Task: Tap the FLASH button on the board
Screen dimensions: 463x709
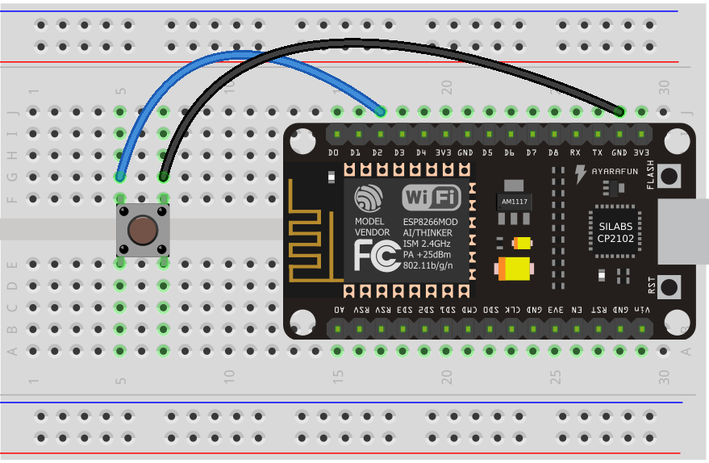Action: tap(669, 174)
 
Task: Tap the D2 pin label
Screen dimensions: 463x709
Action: tap(377, 152)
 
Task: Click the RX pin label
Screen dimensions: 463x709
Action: tap(575, 152)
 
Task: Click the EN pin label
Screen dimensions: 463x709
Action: tap(576, 310)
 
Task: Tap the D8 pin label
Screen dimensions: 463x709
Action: tap(553, 152)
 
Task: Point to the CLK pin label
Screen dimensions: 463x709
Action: tap(512, 310)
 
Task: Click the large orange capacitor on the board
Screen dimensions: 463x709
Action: tap(514, 268)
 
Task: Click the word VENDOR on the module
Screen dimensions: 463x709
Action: tap(372, 232)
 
